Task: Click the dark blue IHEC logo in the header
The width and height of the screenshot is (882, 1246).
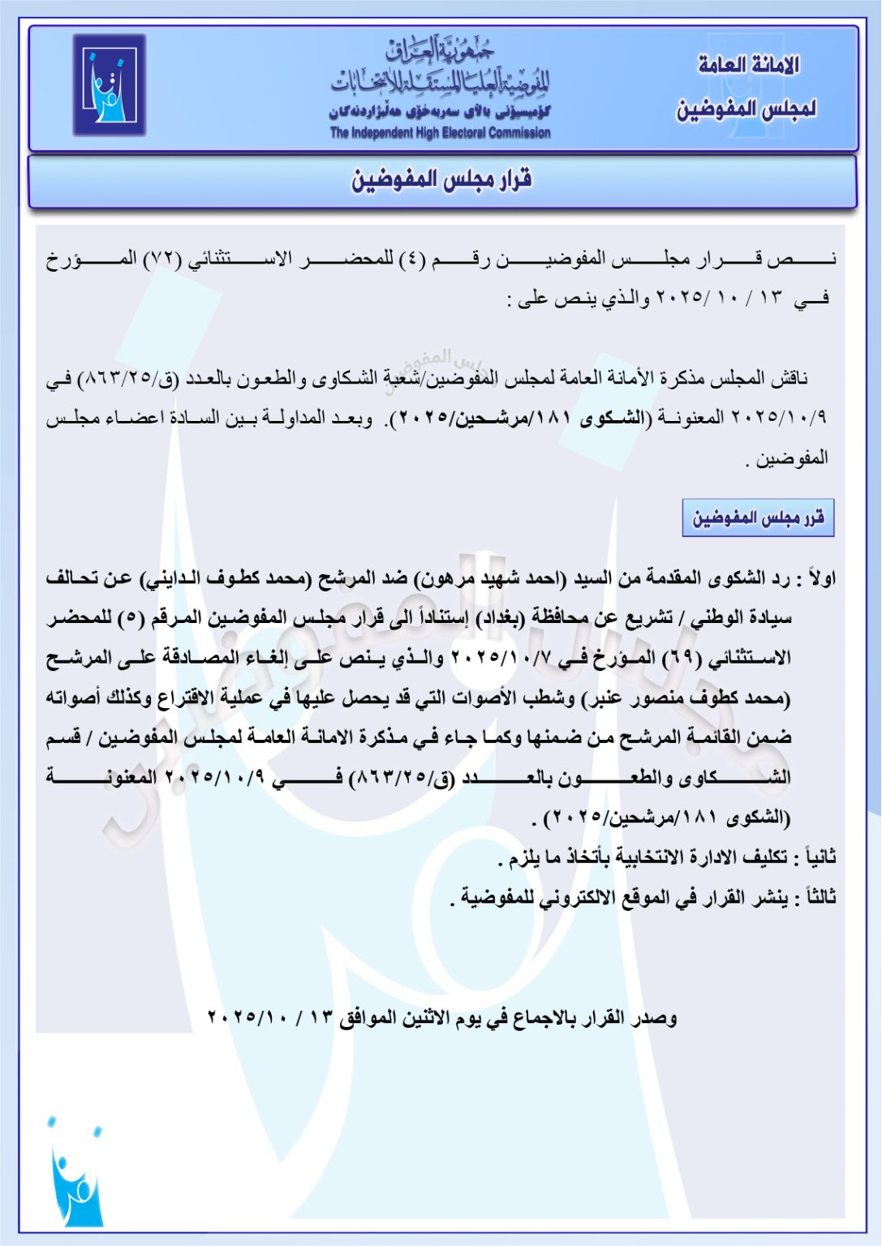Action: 109,84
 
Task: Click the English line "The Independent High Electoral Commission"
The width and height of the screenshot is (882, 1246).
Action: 440,133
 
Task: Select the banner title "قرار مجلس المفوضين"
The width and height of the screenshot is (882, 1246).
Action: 441,179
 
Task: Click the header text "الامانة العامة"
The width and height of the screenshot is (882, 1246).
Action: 748,65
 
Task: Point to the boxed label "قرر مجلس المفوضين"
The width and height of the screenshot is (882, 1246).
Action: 758,518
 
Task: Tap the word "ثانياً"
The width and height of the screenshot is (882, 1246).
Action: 818,857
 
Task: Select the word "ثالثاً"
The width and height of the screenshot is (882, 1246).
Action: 818,898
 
